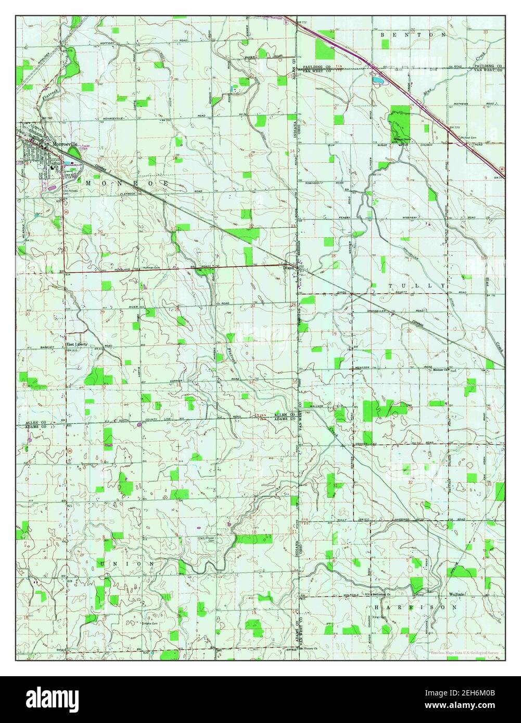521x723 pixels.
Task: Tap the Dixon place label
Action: tap(288, 269)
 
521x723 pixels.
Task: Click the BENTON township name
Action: tap(413, 35)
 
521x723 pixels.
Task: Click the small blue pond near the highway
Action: tap(377, 80)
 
